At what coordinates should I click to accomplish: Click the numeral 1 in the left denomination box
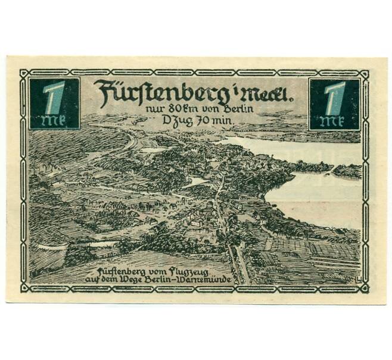tap(54, 97)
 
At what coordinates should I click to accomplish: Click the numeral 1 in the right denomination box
tap(335, 97)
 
